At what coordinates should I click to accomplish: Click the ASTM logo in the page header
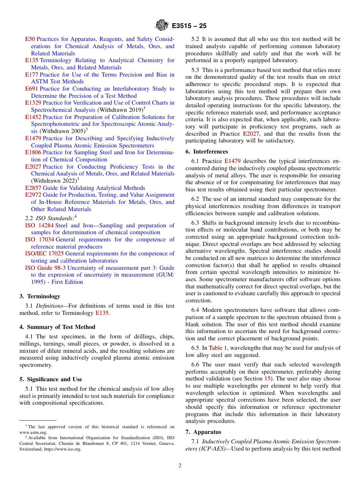click(161, 26)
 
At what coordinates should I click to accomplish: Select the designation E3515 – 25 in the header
click(189, 26)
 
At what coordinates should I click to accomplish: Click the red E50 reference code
click(30, 39)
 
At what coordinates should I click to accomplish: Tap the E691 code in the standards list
click(31, 89)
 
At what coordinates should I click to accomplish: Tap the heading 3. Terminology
click(40, 296)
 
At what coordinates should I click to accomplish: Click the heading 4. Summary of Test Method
click(57, 327)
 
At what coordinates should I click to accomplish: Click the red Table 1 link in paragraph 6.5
click(218, 348)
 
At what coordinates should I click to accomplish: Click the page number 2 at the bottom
click(180, 466)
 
